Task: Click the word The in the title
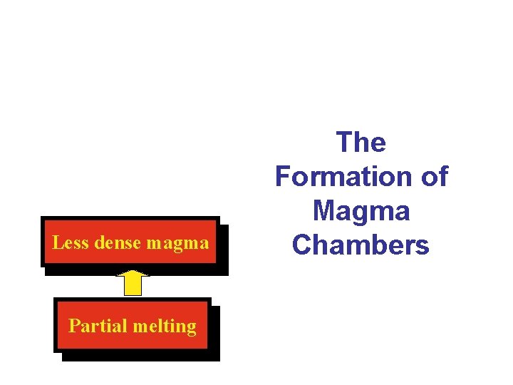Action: pos(361,143)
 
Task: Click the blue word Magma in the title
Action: pos(361,211)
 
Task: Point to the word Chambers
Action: pos(361,245)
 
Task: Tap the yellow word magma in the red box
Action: pos(177,244)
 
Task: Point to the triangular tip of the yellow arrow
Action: pos(132,273)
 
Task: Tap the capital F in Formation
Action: pos(284,176)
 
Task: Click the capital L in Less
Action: pos(57,242)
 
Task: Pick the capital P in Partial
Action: pos(73,326)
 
